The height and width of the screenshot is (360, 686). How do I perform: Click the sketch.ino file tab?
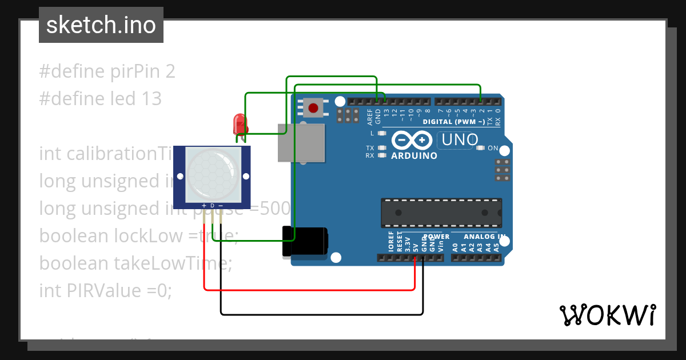tap(101, 25)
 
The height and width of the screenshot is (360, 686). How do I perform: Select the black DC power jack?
tap(306, 241)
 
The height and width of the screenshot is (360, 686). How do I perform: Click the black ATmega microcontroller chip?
tap(441, 213)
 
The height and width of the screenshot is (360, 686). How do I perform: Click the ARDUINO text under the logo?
tap(414, 155)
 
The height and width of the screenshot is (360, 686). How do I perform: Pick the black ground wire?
tap(320, 314)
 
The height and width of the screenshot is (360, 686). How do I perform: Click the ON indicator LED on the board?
tap(481, 149)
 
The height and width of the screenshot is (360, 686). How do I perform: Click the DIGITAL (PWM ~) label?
tap(454, 122)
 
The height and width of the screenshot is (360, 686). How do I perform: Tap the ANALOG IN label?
tap(484, 237)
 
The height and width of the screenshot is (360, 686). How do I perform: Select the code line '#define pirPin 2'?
tap(107, 71)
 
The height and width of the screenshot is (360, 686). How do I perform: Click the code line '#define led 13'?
tap(100, 99)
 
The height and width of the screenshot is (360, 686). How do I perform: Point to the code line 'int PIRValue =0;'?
tap(105, 290)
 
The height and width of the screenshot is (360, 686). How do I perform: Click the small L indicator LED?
tap(382, 133)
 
